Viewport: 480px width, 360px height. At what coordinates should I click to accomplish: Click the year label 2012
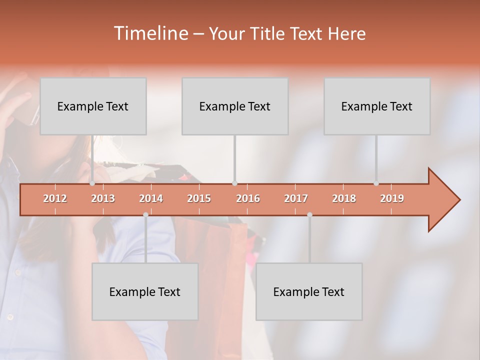[x=55, y=198]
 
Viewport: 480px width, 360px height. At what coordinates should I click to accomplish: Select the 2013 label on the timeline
[x=103, y=198]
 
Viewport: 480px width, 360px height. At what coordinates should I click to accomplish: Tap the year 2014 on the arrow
[x=151, y=198]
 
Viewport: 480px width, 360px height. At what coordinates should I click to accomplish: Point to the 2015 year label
[x=199, y=198]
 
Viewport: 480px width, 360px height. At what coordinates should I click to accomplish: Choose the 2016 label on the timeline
[x=248, y=198]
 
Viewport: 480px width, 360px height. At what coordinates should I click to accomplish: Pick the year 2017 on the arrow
[x=296, y=198]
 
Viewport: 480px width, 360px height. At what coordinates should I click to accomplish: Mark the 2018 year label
[x=344, y=198]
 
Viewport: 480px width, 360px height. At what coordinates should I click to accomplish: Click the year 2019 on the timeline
[x=392, y=198]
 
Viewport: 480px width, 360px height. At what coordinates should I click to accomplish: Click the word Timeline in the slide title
[x=150, y=33]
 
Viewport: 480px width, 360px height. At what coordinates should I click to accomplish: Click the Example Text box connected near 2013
[x=93, y=106]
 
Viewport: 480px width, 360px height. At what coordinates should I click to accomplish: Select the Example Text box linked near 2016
[x=235, y=106]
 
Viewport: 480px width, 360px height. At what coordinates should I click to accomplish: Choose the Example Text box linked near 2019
[x=377, y=106]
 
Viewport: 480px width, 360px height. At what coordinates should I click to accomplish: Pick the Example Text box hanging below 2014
[x=145, y=291]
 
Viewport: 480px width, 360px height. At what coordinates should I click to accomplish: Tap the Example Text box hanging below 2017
[x=309, y=291]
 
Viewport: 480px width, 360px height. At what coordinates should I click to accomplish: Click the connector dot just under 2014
[x=145, y=214]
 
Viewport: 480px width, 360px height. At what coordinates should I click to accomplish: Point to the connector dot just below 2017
[x=309, y=214]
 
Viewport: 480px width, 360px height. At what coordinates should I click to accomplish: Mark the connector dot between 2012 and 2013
[x=92, y=183]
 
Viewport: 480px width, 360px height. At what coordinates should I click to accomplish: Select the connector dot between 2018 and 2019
[x=376, y=183]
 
